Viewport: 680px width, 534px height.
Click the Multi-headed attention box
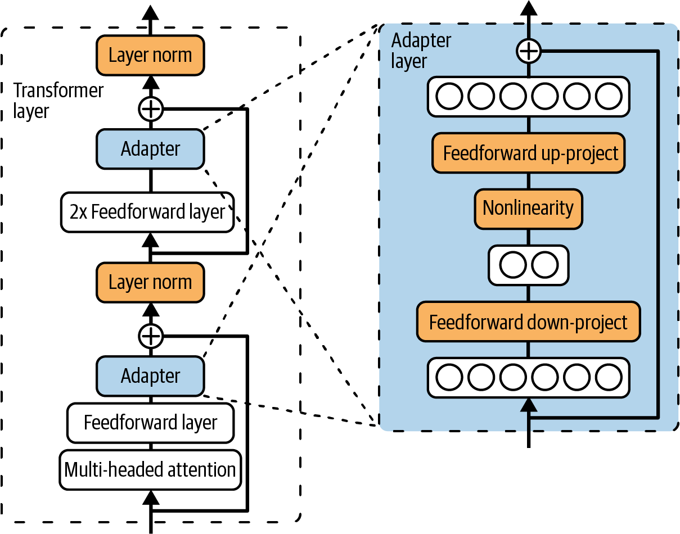(x=150, y=469)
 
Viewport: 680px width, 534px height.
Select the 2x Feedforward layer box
(x=147, y=213)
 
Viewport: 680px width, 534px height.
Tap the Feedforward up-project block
(x=528, y=153)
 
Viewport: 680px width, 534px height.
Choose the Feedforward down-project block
(x=528, y=322)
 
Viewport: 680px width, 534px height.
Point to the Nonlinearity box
(x=528, y=209)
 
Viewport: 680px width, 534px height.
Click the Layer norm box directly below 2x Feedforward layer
(x=150, y=282)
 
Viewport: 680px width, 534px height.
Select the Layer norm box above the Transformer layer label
(x=150, y=55)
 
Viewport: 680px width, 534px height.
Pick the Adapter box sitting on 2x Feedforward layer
(x=150, y=149)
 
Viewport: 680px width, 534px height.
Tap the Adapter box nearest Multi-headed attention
(x=150, y=376)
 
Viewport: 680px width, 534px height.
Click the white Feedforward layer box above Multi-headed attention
(x=150, y=423)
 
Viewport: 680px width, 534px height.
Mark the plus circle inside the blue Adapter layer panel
(x=528, y=52)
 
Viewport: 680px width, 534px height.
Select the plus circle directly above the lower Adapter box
(x=150, y=336)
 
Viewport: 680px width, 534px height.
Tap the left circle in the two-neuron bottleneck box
(x=512, y=265)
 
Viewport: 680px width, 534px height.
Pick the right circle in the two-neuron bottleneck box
(x=544, y=265)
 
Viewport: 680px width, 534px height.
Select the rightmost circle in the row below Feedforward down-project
(x=608, y=378)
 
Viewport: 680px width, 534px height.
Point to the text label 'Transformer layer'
(x=58, y=101)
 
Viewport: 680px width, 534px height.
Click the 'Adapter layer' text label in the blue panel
(x=421, y=51)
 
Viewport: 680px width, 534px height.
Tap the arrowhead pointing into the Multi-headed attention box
(x=150, y=497)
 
